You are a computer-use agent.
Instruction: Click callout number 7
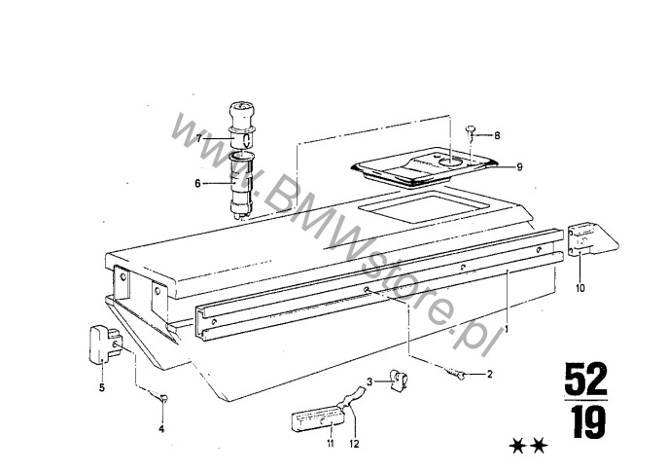pos(198,139)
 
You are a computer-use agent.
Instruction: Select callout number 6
pos(197,184)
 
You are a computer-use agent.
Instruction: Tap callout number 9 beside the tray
pos(519,167)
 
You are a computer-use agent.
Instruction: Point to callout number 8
pos(497,136)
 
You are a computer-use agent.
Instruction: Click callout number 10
pos(580,288)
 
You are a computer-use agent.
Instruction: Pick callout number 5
pos(102,387)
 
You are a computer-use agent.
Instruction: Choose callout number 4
pos(161,429)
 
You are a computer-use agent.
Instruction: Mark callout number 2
pos(490,375)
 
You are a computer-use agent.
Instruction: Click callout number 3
pos(369,381)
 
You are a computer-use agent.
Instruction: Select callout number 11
pos(331,444)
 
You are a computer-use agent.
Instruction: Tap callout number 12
pos(354,444)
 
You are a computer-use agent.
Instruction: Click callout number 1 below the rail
pos(507,329)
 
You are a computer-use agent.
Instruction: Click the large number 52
pos(585,379)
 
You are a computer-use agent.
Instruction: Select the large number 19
pos(587,422)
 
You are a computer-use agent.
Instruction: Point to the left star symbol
pos(517,446)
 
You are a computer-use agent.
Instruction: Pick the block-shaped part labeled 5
pos(105,344)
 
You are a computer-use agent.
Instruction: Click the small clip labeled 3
pos(399,380)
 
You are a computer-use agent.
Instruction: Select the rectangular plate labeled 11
pos(318,418)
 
